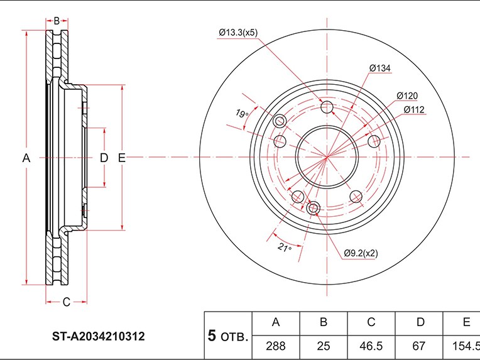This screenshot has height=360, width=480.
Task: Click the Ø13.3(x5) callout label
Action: (x=238, y=33)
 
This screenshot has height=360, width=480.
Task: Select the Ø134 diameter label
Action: (x=380, y=68)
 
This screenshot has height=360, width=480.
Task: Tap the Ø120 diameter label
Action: (x=407, y=96)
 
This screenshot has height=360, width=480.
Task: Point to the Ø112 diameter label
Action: (x=414, y=109)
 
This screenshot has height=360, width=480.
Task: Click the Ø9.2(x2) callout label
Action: (x=361, y=253)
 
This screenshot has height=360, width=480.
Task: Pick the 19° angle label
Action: (x=242, y=114)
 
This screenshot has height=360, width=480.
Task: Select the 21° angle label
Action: (x=285, y=247)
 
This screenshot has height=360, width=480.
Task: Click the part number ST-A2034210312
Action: (x=98, y=336)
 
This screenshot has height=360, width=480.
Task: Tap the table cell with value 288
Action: (x=276, y=346)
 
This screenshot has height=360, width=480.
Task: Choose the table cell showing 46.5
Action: (x=371, y=346)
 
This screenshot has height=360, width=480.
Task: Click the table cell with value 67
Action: (x=419, y=346)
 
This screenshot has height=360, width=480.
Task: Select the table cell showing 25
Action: (x=324, y=346)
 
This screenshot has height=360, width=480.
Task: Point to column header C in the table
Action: (x=371, y=322)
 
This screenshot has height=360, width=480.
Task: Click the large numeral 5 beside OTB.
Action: (x=212, y=335)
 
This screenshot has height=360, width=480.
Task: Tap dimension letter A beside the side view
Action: (x=26, y=158)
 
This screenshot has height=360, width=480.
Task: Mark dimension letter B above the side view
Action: (x=57, y=21)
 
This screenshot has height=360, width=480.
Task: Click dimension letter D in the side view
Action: (x=104, y=158)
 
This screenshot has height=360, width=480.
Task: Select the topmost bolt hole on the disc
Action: (x=327, y=107)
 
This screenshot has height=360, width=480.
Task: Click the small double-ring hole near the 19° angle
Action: (x=279, y=121)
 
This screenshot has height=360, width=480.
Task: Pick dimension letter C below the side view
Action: (x=67, y=302)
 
